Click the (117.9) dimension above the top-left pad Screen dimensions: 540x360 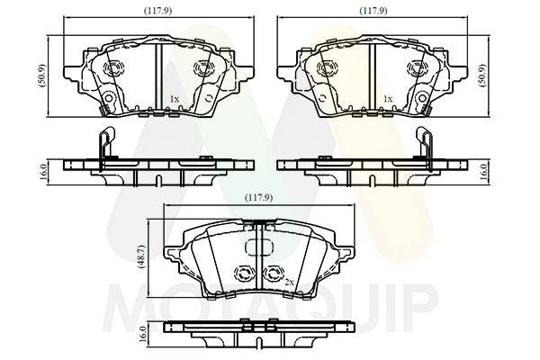[157, 11]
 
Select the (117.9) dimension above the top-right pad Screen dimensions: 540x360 [373, 11]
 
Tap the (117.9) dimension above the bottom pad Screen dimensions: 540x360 [258, 198]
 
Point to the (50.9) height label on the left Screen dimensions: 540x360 [44, 76]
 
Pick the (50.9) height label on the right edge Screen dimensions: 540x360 [483, 76]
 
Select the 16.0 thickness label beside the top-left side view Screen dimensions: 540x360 [44, 172]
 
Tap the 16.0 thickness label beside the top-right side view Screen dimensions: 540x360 [483, 172]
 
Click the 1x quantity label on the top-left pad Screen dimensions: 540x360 [175, 99]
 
